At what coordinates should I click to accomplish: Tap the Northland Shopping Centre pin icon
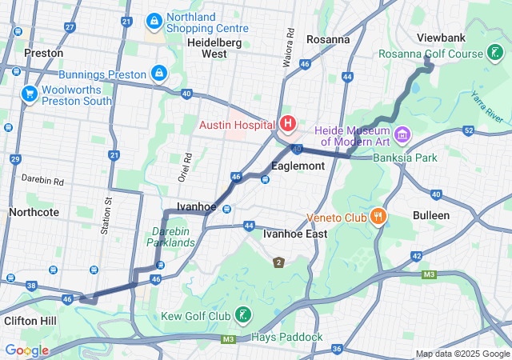tap(154, 19)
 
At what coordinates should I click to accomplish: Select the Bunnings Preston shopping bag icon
tap(159, 73)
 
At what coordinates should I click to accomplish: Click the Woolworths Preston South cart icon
tap(30, 94)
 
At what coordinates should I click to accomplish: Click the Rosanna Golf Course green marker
tap(496, 53)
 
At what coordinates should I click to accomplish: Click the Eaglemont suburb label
tap(298, 166)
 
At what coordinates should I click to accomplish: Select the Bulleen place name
tap(431, 215)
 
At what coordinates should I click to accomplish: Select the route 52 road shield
tap(468, 130)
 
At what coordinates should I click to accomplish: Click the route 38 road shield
tap(31, 285)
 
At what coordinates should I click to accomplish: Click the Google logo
tap(26, 350)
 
